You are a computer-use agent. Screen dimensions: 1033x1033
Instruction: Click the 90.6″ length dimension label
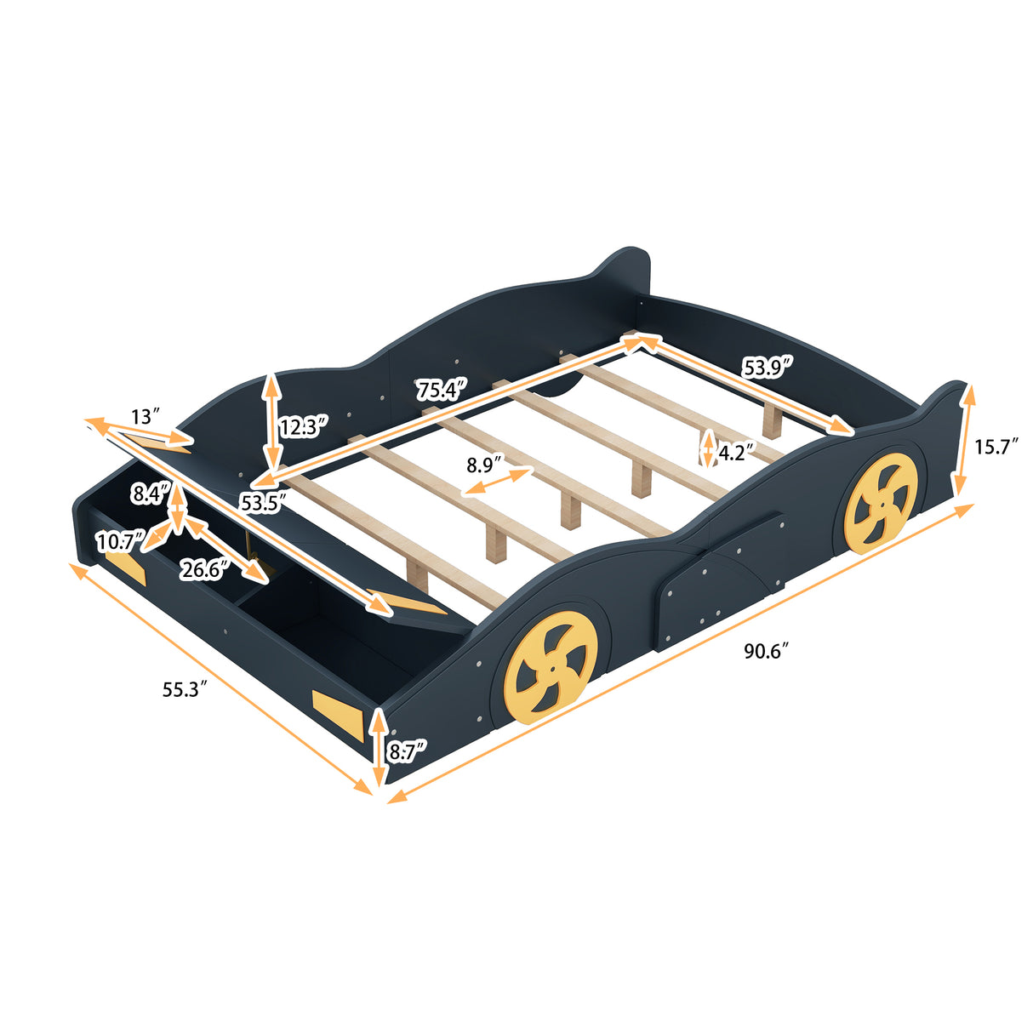coord(767,652)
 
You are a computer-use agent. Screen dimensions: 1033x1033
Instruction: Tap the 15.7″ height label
coord(996,446)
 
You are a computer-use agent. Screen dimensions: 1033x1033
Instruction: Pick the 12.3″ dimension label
coord(303,426)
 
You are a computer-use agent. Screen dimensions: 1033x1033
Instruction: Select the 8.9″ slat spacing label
coord(483,465)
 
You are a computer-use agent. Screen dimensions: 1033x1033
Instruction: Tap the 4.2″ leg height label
coord(736,453)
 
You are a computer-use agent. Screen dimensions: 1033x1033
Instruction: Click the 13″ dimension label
coord(146,416)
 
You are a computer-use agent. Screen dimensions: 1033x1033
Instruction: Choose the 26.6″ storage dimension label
coord(201,569)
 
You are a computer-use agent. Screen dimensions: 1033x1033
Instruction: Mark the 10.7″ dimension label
coord(118,540)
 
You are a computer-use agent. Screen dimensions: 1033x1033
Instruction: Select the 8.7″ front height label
coord(407,750)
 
